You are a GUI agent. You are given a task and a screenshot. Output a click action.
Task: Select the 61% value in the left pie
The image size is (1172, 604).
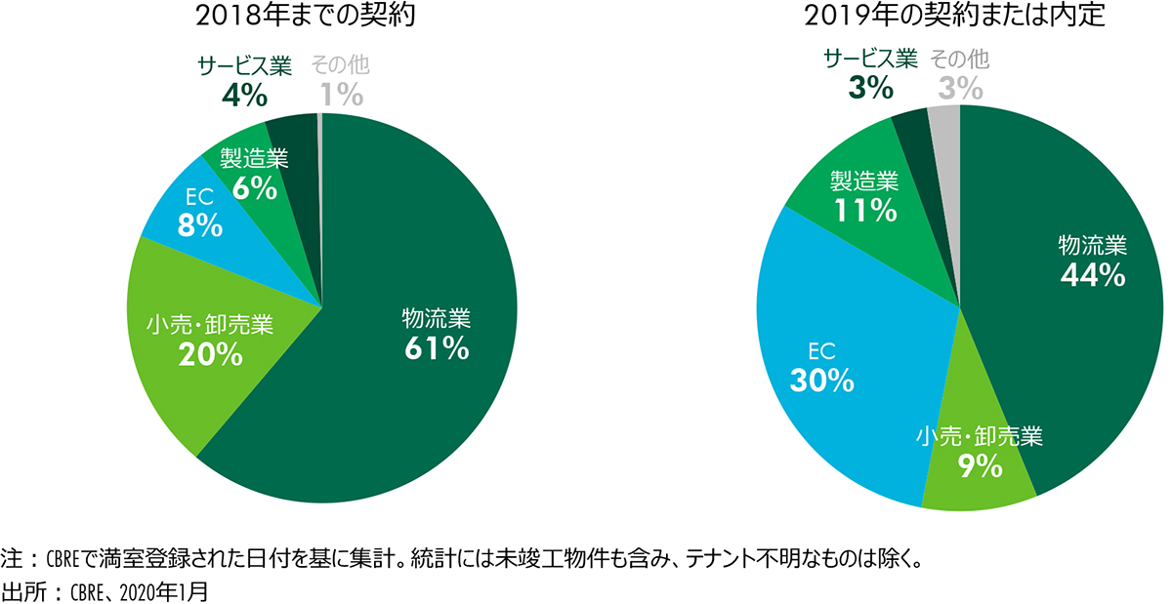(437, 348)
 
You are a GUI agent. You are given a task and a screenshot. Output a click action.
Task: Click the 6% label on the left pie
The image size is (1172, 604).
(250, 188)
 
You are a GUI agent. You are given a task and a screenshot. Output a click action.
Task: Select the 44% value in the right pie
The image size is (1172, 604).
(1093, 275)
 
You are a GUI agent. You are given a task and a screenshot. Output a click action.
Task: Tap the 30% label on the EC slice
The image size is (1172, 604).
(822, 380)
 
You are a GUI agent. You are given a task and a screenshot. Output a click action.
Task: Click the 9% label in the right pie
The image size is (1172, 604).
(981, 466)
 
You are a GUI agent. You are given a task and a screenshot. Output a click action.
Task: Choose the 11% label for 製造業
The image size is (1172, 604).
(863, 209)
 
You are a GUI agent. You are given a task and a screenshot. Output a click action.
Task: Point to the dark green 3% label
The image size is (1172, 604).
(870, 88)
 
